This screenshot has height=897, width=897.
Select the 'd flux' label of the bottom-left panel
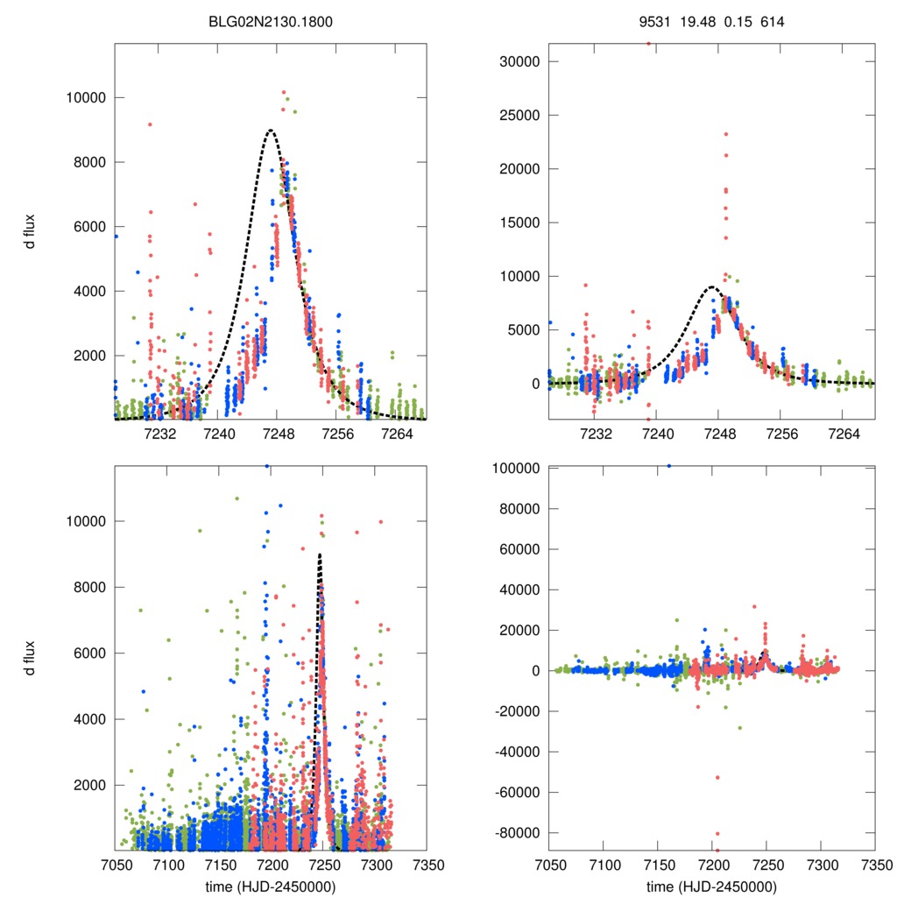point(30,657)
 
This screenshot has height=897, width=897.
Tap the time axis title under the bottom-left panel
point(270,886)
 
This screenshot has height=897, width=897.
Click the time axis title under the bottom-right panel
point(711,886)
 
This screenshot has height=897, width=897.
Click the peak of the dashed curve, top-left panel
point(271,131)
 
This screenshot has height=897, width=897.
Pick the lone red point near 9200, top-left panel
point(150,124)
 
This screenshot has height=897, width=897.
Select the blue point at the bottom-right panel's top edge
point(669,466)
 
